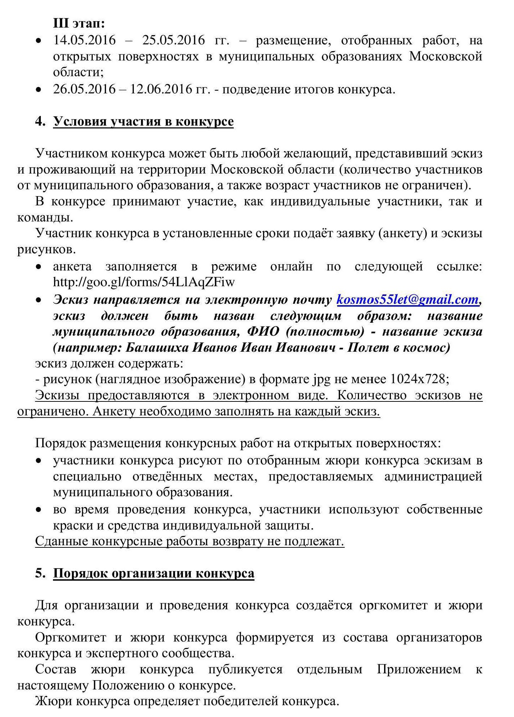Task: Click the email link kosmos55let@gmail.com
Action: point(407,299)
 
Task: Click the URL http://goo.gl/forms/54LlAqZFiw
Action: point(144,282)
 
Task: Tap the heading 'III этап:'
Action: point(79,24)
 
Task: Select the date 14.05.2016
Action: point(84,40)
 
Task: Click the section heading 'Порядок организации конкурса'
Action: point(154,573)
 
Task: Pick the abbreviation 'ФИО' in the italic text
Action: point(263,331)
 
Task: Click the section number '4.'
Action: point(40,121)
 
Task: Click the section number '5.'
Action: point(40,573)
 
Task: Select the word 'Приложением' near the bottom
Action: point(418,669)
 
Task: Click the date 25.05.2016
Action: point(174,40)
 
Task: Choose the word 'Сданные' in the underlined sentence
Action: point(61,541)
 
